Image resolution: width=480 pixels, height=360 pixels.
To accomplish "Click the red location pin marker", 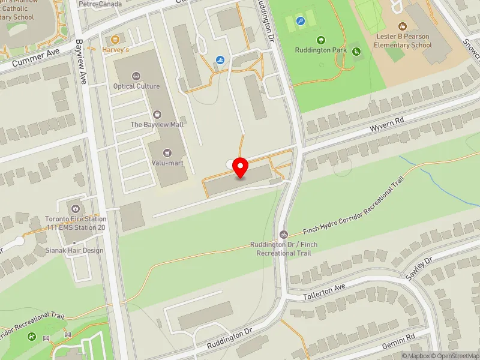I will (x=241, y=167).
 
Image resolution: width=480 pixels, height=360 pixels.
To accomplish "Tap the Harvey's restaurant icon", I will (x=116, y=40).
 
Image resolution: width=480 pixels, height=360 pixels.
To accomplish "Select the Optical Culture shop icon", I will (x=136, y=76).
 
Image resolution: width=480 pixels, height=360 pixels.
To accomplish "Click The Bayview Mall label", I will (x=157, y=124).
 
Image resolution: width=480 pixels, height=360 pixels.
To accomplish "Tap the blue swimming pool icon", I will (x=220, y=60).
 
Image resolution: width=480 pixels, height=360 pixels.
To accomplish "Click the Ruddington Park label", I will (x=321, y=50).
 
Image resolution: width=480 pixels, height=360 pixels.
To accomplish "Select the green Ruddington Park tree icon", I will (x=321, y=40).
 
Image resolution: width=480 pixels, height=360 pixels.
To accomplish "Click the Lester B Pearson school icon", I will (x=402, y=26).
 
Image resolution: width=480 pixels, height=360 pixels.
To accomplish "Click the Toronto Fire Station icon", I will (x=76, y=208).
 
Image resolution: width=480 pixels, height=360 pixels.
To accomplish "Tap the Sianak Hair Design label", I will (x=75, y=250).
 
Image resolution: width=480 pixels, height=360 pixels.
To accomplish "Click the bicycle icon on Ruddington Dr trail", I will (x=284, y=234).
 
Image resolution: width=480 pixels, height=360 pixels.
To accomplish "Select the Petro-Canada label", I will (x=100, y=4).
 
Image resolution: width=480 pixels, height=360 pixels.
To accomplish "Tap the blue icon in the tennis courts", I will (x=301, y=21).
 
